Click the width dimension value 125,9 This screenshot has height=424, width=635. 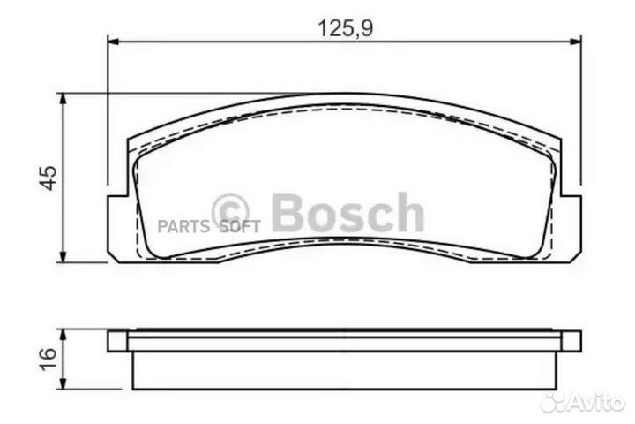(345, 28)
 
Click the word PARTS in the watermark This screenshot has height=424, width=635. (183, 225)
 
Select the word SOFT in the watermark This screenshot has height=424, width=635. (239, 225)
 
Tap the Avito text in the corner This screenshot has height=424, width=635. (598, 402)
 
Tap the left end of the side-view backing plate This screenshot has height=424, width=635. (116, 341)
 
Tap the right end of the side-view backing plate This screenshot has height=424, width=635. (571, 341)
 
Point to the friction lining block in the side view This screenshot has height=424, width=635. (345, 369)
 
